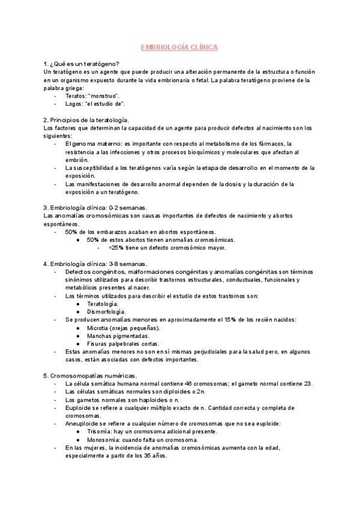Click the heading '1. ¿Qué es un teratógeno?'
(x=81, y=64)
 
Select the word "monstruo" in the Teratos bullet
(x=104, y=95)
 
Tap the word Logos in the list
(x=74, y=103)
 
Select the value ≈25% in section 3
(x=116, y=247)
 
